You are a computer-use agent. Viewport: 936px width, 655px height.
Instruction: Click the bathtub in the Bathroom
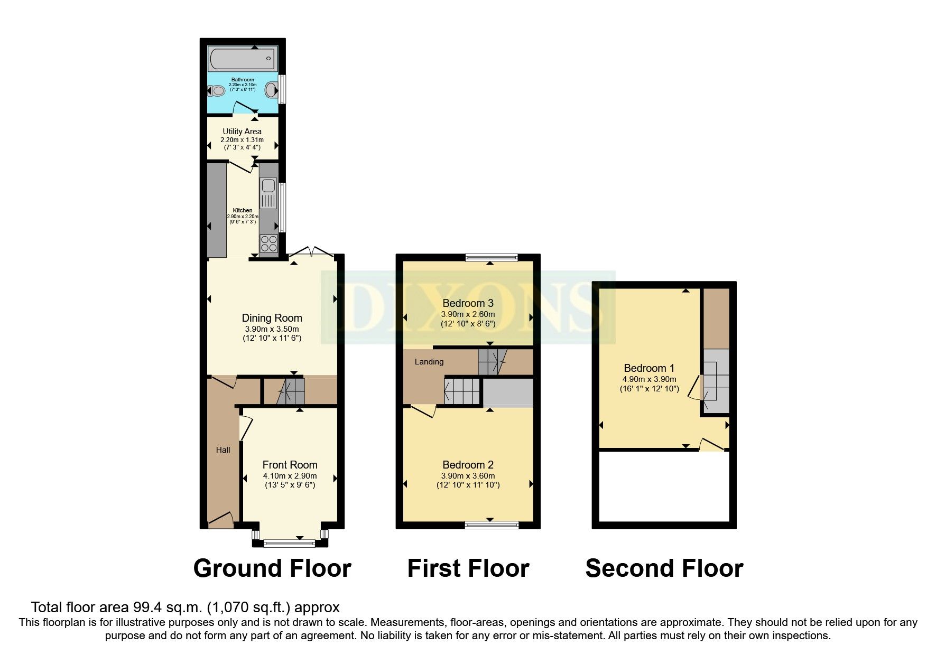coord(242,59)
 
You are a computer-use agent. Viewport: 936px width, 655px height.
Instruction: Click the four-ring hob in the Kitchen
coord(268,244)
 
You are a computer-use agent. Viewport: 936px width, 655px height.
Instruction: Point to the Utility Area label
coord(242,132)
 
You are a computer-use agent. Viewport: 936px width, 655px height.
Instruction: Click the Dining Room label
coord(272,318)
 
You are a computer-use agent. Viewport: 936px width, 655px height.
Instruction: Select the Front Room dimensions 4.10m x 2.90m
coord(290,475)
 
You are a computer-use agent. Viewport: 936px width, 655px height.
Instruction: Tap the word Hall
coord(223,450)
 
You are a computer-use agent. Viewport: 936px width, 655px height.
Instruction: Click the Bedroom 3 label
coord(468,303)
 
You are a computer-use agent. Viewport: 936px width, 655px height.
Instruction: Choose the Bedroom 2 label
coord(468,465)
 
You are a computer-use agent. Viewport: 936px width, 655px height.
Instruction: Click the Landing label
coord(429,362)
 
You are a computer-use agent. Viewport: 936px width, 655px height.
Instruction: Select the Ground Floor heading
coord(272,569)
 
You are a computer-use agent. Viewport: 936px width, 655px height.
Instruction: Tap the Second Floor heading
coord(664,569)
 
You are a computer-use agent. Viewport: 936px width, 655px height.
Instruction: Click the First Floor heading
coord(468,569)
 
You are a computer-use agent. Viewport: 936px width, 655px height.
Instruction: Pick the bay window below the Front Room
coord(290,541)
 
